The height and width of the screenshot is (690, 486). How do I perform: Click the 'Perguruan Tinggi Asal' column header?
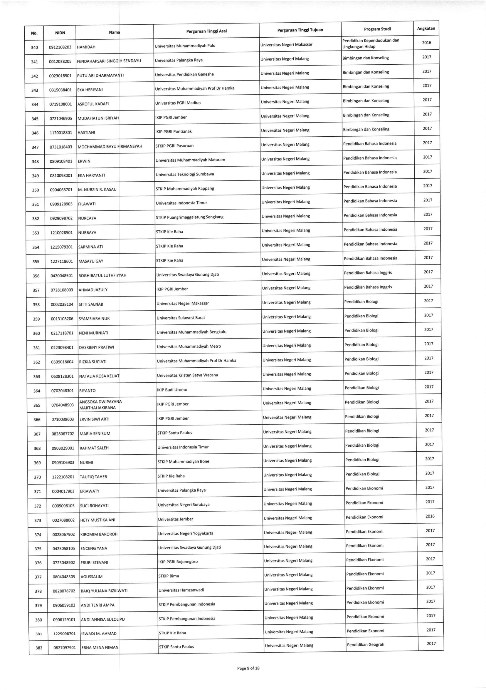[206, 31]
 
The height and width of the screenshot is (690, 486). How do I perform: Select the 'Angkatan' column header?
[426, 29]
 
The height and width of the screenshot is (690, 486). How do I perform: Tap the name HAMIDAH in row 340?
[86, 47]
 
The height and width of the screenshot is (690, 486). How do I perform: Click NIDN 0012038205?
[60, 62]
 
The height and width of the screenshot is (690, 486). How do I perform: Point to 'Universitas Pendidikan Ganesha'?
[184, 74]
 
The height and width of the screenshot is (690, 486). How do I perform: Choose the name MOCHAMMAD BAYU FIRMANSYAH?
[110, 147]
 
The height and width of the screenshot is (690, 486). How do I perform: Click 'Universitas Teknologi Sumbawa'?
[185, 174]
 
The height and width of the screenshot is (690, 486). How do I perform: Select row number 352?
[36, 219]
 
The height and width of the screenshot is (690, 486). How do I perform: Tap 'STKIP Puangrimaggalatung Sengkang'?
[189, 217]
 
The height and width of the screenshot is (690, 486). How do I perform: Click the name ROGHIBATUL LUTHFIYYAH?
[102, 276]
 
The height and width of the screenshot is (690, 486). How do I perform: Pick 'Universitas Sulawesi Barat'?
[181, 318]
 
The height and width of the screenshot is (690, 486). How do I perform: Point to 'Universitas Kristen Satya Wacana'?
[187, 375]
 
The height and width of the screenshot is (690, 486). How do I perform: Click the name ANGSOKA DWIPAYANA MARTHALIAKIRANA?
[101, 404]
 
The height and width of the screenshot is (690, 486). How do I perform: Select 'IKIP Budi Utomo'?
[172, 390]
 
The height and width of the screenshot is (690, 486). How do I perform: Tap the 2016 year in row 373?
[430, 516]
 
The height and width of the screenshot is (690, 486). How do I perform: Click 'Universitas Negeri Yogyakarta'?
[186, 533]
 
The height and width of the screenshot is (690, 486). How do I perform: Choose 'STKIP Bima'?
[169, 576]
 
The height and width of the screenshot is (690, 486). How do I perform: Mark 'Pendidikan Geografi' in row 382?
[366, 644]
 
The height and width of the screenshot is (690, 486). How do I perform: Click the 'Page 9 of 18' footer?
[248, 668]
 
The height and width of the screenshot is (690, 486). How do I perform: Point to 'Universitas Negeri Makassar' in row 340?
[286, 44]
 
